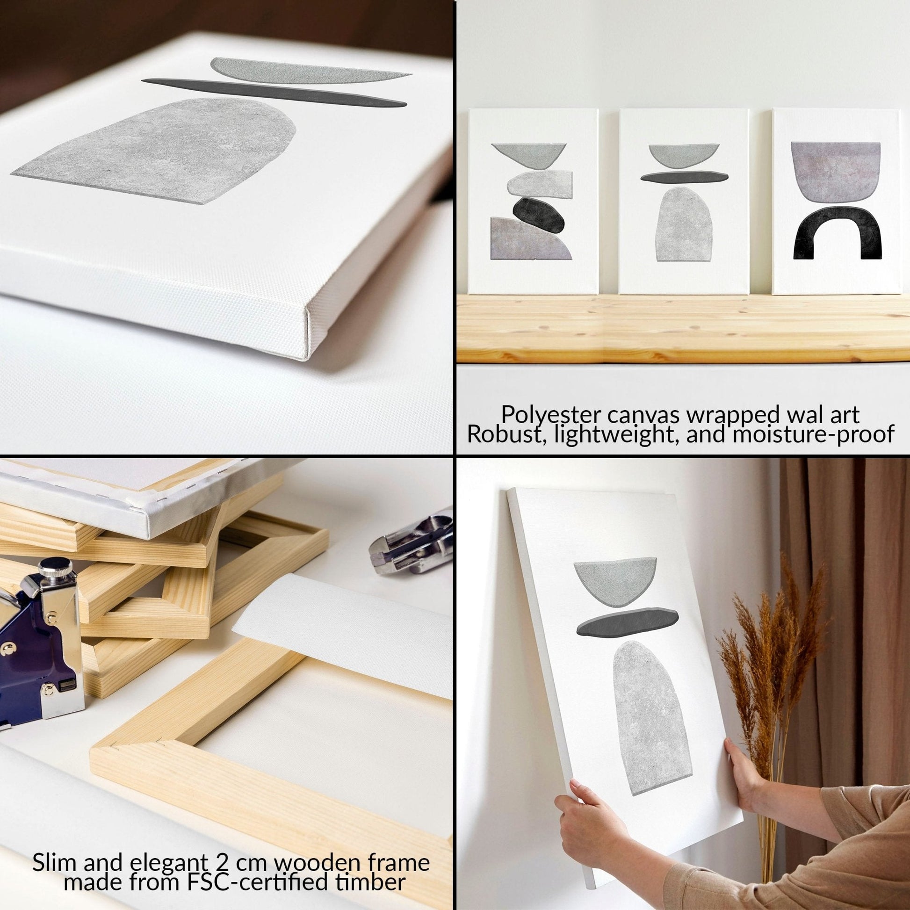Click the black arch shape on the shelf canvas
coord(837,233)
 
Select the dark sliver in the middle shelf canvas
coord(684,176)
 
